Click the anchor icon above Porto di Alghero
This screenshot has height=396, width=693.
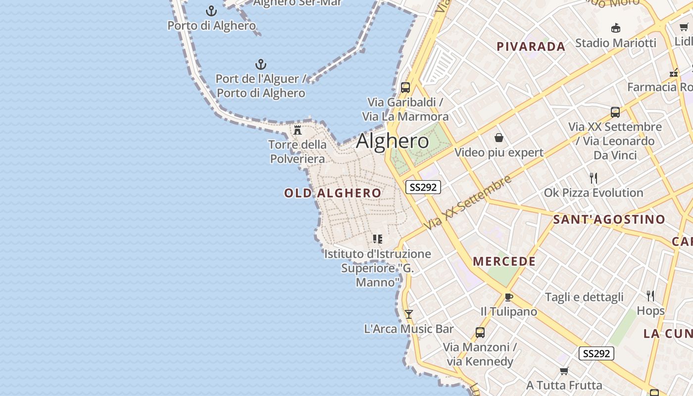211,10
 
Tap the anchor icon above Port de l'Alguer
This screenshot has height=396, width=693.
260,64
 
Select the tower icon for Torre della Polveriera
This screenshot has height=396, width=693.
297,130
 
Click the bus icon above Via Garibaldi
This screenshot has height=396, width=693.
405,88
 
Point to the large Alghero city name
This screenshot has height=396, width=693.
393,142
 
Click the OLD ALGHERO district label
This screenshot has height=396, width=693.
333,193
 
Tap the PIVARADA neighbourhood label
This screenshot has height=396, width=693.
531,47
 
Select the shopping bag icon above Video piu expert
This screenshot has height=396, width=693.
498,138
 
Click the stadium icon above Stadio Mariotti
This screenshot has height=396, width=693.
616,28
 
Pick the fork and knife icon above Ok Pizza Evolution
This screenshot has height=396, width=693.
594,178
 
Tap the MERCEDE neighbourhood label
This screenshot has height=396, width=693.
504,261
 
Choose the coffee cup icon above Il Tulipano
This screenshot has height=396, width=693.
508,297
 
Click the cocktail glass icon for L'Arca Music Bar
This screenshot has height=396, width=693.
408,314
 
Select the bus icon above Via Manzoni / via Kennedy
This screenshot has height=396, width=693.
480,333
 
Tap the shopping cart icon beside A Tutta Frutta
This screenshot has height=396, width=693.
564,371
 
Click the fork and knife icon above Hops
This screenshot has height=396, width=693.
650,296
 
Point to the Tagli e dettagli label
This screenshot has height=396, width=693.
584,297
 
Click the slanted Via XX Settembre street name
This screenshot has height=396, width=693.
468,202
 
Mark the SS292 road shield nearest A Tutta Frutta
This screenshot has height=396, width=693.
596,353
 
